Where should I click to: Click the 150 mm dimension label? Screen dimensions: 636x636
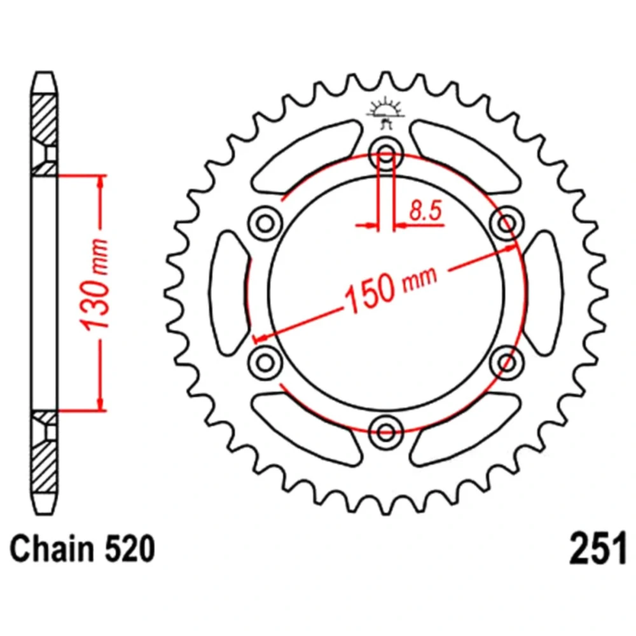pyautogui.click(x=391, y=288)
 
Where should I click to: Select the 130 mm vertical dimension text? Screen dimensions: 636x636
pyautogui.click(x=95, y=284)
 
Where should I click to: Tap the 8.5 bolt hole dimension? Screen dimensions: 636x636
pyautogui.click(x=425, y=211)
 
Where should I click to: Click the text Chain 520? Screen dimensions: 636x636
pyautogui.click(x=82, y=549)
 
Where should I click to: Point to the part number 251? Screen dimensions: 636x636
pyautogui.click(x=598, y=549)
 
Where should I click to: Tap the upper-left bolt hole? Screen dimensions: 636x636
pyautogui.click(x=265, y=223)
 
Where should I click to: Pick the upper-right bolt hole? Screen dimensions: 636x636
pyautogui.click(x=507, y=223)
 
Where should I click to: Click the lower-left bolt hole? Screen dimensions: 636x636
pyautogui.click(x=265, y=362)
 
